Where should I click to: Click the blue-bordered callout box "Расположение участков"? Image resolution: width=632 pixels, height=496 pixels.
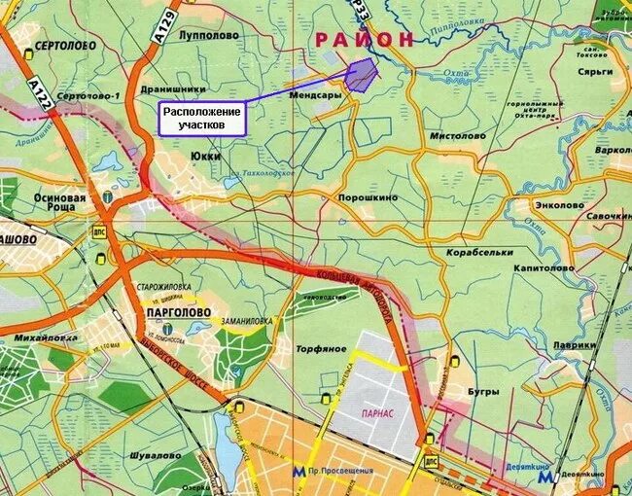202,119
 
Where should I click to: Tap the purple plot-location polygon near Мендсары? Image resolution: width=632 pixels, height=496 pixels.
361,76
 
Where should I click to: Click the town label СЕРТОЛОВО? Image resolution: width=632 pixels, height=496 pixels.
63,46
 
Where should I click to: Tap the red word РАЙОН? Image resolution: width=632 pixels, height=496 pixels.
364,38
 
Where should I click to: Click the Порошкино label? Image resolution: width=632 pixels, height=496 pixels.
368,196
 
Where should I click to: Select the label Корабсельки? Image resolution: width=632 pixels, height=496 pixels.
479,252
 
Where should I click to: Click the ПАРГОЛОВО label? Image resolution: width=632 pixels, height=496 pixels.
176,312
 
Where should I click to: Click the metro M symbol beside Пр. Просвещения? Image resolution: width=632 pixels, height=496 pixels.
296,471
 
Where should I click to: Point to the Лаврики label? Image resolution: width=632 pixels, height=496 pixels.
574,344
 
